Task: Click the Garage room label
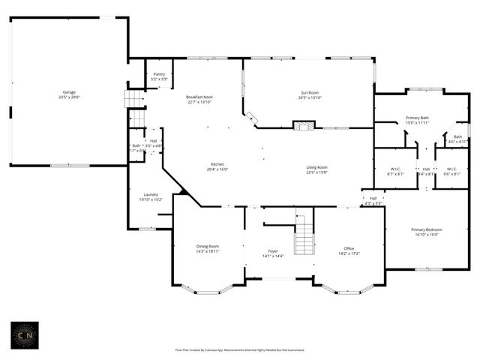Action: point(69,95)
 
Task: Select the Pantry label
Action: point(159,76)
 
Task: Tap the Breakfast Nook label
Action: point(200,100)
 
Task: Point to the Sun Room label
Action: point(310,95)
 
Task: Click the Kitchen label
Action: point(217,166)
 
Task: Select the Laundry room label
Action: point(150,196)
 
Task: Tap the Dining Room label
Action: point(208,248)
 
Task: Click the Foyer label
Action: point(273,253)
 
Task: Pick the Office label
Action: point(349,250)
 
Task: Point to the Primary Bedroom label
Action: point(426,232)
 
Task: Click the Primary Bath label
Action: point(417,120)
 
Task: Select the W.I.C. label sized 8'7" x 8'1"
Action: point(396,171)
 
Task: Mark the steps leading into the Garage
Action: point(133,100)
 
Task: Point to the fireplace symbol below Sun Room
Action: point(302,127)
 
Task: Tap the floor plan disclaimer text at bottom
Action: point(240,349)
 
